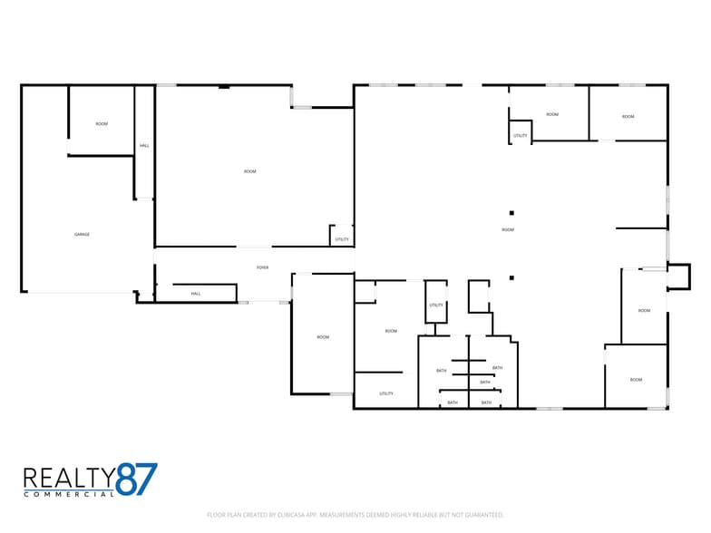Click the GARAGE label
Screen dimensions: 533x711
[82, 235]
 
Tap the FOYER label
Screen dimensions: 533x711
[263, 267]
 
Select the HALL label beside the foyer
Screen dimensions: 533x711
[196, 294]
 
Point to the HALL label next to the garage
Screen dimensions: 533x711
[144, 146]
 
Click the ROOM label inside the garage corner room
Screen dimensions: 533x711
[102, 123]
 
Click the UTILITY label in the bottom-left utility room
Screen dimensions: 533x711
[386, 393]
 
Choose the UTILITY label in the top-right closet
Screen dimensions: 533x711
[521, 136]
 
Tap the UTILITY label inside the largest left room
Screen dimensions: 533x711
[342, 239]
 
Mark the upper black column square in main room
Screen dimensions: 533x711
[511, 213]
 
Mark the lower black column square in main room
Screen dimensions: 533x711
[511, 277]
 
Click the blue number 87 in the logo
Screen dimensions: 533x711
[137, 480]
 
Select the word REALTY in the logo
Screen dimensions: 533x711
[69, 477]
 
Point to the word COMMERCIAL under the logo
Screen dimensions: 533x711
[69, 494]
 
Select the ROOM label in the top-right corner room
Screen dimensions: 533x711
[628, 116]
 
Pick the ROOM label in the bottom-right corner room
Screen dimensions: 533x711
[636, 380]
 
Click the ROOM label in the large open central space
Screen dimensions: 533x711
[508, 230]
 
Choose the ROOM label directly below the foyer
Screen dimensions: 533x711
[323, 337]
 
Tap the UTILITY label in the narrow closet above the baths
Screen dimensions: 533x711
[436, 305]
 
